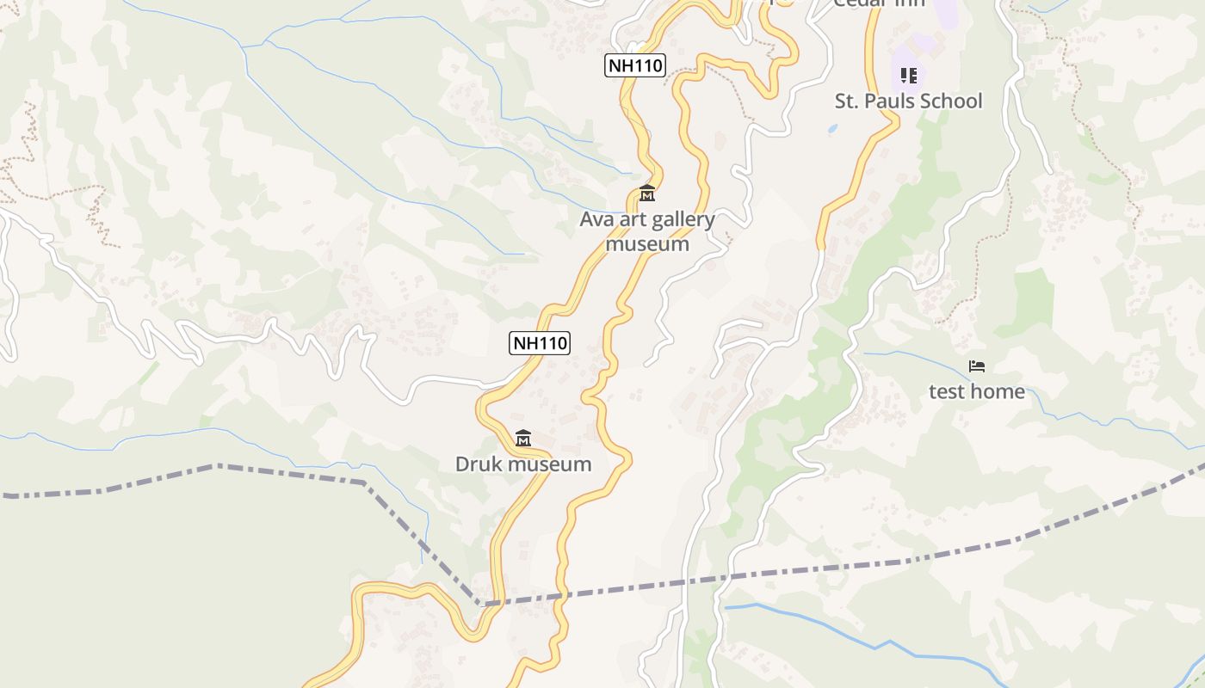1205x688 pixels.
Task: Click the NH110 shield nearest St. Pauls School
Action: pyautogui.click(x=635, y=65)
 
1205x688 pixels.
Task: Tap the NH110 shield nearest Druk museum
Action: pyautogui.click(x=540, y=343)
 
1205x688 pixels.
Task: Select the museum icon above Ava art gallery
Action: pyautogui.click(x=647, y=193)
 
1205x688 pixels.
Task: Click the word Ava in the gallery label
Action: pyautogui.click(x=595, y=219)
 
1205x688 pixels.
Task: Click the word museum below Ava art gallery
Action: pyautogui.click(x=647, y=244)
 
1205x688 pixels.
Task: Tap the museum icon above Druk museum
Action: pyautogui.click(x=522, y=439)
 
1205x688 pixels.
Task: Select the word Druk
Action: pyautogui.click(x=477, y=465)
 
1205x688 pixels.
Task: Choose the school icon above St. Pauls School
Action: pyautogui.click(x=909, y=76)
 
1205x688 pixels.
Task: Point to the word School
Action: pyautogui.click(x=949, y=101)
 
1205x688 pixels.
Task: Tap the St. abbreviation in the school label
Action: pyautogui.click(x=845, y=101)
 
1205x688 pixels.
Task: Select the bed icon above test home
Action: pyautogui.click(x=977, y=366)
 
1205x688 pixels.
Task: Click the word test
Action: pyautogui.click(x=948, y=392)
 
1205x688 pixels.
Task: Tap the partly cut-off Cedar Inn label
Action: pyautogui.click(x=879, y=3)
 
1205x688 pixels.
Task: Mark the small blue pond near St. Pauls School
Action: pyautogui.click(x=831, y=129)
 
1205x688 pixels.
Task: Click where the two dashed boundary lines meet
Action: pyautogui.click(x=482, y=605)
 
